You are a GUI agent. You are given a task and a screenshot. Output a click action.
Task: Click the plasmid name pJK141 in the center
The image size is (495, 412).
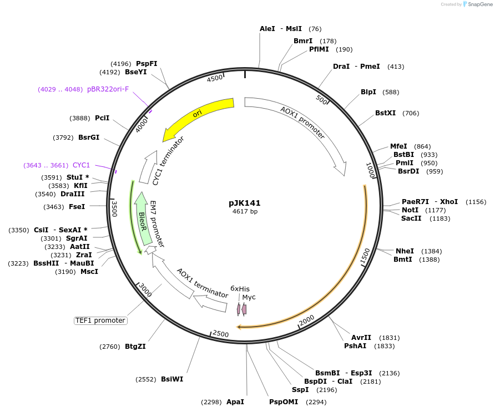pyautogui.click(x=245, y=203)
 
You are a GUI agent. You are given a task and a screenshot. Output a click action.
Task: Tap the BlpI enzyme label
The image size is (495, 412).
pyautogui.click(x=368, y=92)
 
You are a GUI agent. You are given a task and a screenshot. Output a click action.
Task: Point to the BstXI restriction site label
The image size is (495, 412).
pyautogui.click(x=385, y=113)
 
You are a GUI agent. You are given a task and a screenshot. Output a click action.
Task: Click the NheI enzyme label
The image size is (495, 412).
pyautogui.click(x=405, y=251)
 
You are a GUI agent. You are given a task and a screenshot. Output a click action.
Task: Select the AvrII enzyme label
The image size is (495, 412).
pyautogui.click(x=361, y=338)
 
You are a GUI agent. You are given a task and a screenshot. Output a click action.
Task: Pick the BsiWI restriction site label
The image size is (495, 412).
pyautogui.click(x=172, y=379)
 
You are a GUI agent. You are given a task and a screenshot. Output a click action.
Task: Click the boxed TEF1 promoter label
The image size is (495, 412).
pyautogui.click(x=100, y=321)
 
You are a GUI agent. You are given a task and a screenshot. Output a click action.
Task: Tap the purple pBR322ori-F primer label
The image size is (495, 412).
pyautogui.click(x=108, y=89)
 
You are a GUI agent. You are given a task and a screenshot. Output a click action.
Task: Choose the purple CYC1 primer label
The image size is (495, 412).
pyautogui.click(x=81, y=165)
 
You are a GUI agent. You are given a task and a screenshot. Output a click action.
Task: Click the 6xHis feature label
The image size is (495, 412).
pyautogui.click(x=240, y=289)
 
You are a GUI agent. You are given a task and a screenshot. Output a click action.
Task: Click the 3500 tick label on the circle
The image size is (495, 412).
pyautogui.click(x=115, y=208)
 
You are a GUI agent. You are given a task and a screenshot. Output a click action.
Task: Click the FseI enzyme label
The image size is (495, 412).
pyautogui.click(x=77, y=207)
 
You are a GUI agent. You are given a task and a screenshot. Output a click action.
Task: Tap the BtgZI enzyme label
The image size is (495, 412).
pyautogui.click(x=135, y=347)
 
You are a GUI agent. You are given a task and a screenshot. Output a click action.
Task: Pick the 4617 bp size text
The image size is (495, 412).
pyautogui.click(x=245, y=211)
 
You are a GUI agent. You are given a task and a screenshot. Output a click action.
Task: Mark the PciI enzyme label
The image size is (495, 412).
pyautogui.click(x=102, y=118)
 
